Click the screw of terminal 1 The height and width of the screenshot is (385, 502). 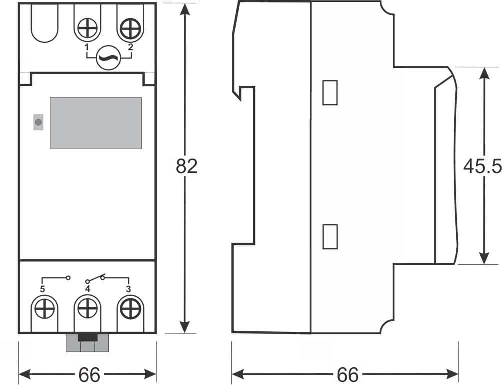tap(87, 29)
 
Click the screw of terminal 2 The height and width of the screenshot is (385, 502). tap(130, 29)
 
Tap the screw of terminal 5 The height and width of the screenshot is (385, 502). tap(44, 310)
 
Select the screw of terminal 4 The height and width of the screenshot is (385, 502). tap(87, 310)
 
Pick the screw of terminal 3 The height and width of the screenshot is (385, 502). tap(130, 310)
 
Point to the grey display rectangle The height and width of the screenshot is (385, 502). tap(95, 123)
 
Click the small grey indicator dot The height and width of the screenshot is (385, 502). tap(38, 122)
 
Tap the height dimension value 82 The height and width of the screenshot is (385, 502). tap(187, 167)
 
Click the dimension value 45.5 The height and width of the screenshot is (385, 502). tap(482, 166)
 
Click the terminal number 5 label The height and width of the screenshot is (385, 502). tap(42, 289)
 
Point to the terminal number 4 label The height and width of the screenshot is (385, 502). tap(87, 289)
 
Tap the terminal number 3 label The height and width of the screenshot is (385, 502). tap(128, 289)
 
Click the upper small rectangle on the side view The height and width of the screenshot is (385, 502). tap(330, 93)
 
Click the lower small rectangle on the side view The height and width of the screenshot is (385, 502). tap(330, 236)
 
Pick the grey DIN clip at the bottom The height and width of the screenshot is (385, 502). tap(87, 343)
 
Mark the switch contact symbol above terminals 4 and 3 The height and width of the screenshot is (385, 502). tap(102, 277)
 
